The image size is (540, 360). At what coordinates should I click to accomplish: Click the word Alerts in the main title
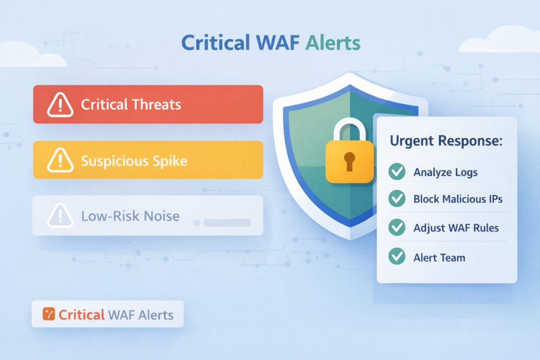pos(331,43)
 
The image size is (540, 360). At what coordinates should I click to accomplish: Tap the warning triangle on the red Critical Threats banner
pos(60,105)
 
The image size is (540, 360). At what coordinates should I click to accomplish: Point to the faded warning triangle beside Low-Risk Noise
pos(60,216)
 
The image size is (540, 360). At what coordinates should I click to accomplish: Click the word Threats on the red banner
pos(156,104)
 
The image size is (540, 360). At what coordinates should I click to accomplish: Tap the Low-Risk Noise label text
pos(130,216)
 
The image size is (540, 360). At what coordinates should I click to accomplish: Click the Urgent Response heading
pos(446,141)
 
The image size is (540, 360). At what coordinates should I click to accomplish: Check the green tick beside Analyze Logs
pos(396,172)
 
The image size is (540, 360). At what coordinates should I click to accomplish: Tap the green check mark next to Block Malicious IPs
pos(396,199)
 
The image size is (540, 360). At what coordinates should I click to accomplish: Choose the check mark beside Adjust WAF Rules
pos(396,228)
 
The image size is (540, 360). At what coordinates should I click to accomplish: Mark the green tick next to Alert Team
pos(396,257)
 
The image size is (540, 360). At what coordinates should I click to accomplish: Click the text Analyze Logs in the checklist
pos(446,172)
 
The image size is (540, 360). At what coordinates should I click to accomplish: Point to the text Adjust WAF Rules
pos(456,228)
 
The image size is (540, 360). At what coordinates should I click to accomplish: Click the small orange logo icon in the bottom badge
pos(49,314)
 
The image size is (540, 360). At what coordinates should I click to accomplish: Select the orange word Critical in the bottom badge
pos(81,315)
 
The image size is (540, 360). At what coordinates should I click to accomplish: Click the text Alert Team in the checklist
pos(439,258)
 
